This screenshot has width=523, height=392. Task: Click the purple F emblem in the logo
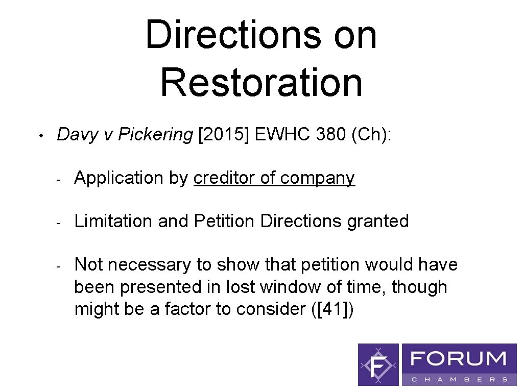(378, 364)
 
